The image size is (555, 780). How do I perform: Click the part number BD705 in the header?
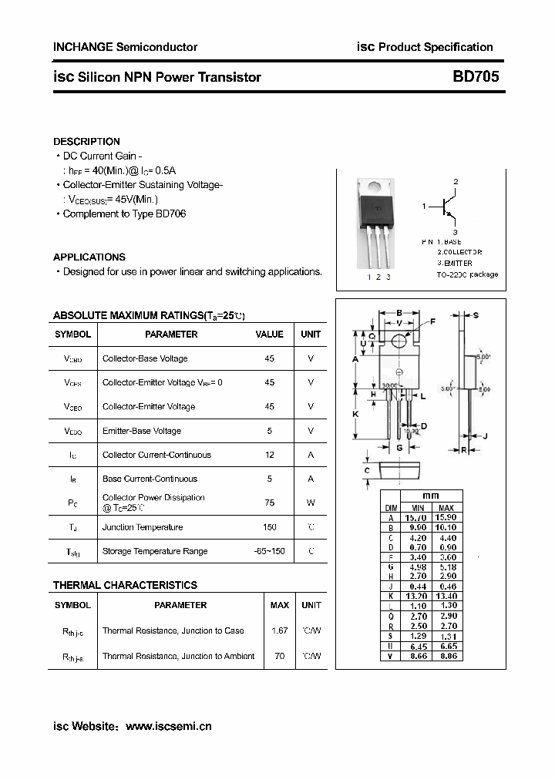(475, 77)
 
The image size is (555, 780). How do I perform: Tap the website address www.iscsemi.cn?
(168, 726)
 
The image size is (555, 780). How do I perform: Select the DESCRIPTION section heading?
(86, 142)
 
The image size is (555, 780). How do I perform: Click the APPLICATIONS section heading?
(89, 257)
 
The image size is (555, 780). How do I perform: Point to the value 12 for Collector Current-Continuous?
(270, 455)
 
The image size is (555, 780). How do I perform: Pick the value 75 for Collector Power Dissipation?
(270, 503)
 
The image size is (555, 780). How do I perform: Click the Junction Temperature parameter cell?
(143, 527)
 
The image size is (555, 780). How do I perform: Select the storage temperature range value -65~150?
(270, 551)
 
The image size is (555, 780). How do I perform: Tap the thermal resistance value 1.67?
(279, 630)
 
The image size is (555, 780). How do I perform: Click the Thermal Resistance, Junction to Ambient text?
(178, 656)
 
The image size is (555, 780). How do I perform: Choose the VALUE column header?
(270, 335)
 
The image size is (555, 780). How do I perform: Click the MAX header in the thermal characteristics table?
(279, 605)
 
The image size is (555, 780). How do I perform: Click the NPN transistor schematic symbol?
(446, 207)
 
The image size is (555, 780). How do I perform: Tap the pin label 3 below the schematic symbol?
(456, 232)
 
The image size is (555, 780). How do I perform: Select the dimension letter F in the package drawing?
(432, 321)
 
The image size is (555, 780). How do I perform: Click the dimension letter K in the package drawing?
(355, 414)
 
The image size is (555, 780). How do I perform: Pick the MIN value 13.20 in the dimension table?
(418, 596)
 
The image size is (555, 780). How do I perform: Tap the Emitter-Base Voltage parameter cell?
(142, 431)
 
